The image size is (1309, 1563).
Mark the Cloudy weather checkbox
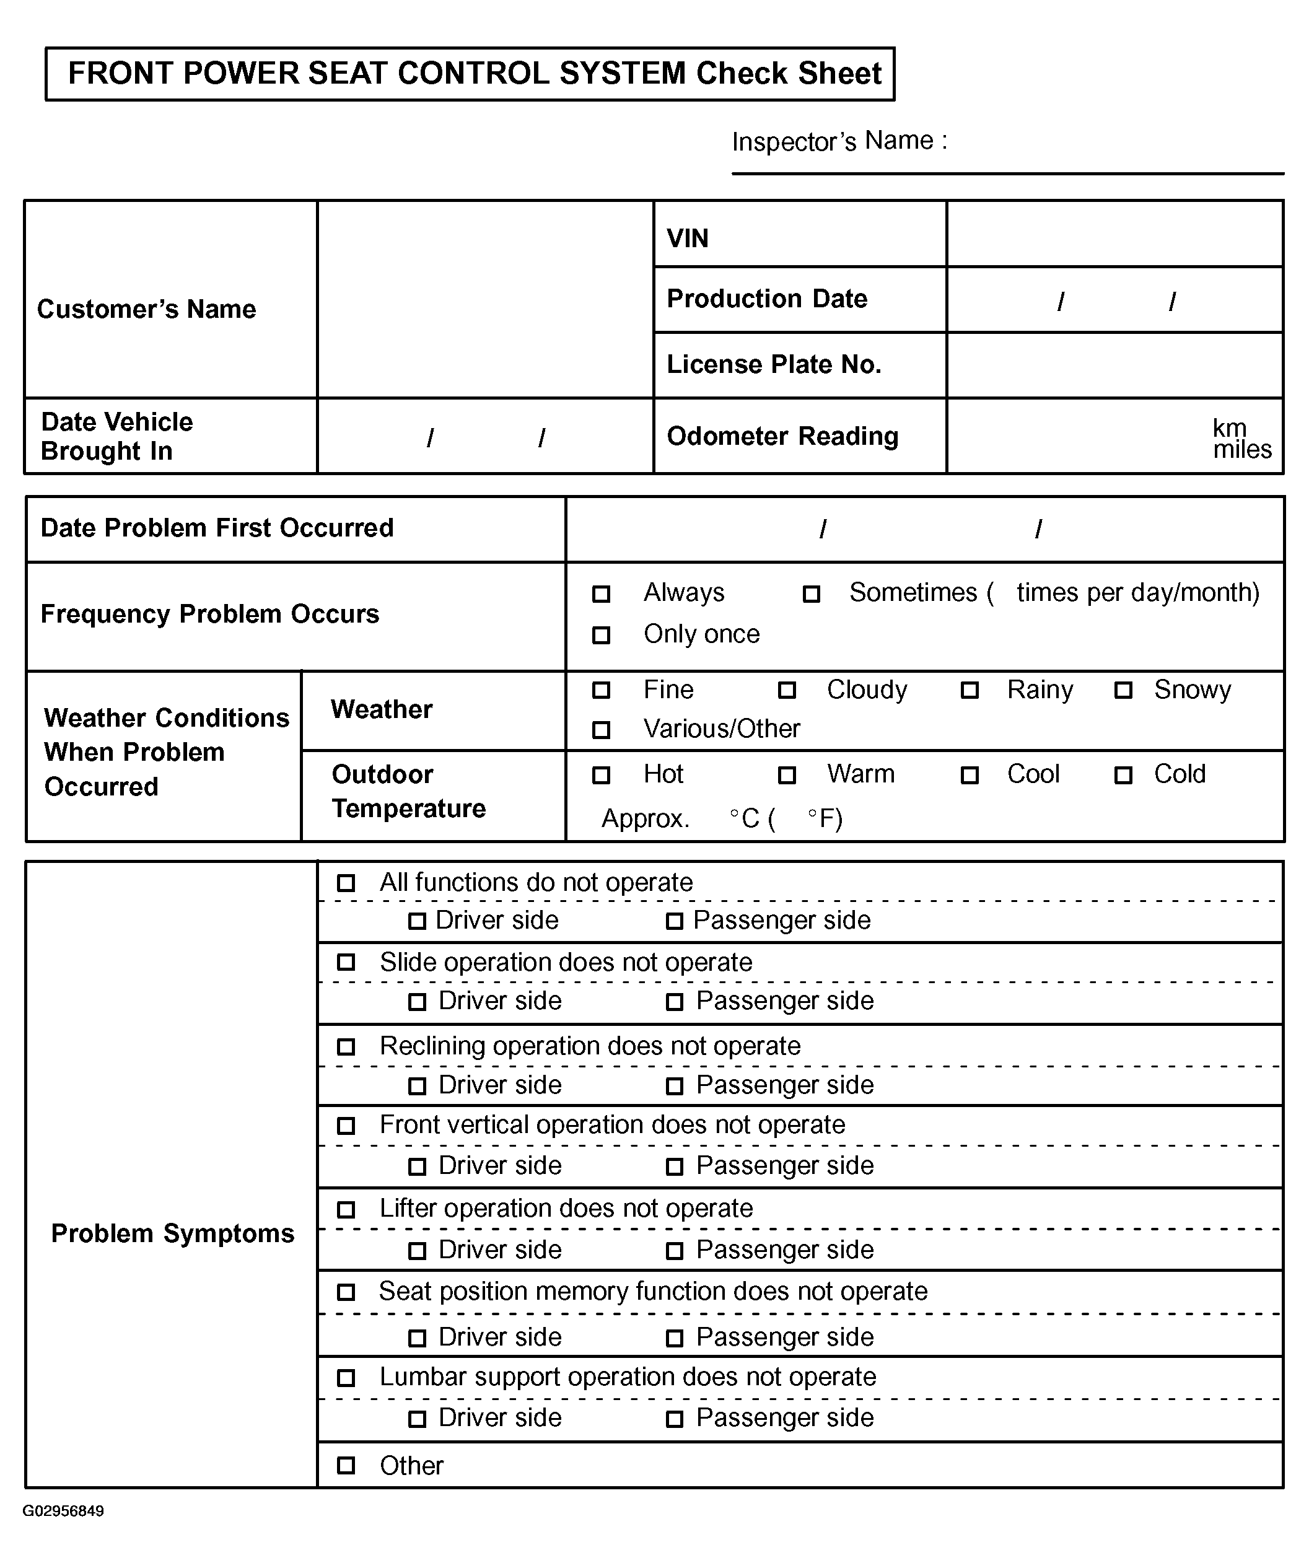tap(787, 691)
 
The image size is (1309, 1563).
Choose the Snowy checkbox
tap(1123, 691)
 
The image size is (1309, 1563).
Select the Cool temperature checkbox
tap(969, 776)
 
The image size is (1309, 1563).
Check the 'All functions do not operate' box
tap(346, 883)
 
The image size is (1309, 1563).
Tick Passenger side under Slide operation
tap(674, 1002)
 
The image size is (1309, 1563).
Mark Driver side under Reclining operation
tap(418, 1087)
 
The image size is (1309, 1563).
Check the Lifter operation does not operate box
tap(346, 1209)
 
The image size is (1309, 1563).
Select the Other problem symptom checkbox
tap(346, 1466)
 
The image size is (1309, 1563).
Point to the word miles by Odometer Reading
tap(1242, 450)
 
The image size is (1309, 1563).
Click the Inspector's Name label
tap(839, 141)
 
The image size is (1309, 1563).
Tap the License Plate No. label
tap(773, 365)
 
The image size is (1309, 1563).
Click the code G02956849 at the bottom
tap(63, 1511)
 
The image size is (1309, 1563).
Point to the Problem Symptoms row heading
tap(173, 1233)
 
